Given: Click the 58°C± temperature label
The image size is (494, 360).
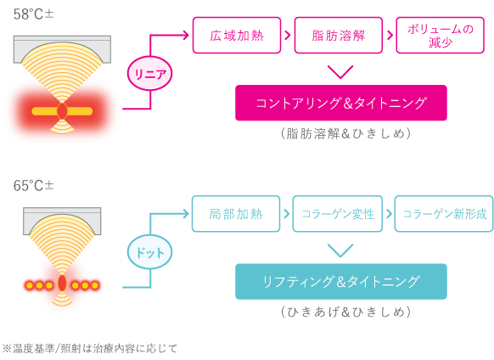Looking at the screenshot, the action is point(34,14).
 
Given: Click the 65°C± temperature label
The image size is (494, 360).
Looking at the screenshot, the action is point(34,186).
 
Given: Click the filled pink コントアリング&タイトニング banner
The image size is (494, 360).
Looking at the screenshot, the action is point(341,103).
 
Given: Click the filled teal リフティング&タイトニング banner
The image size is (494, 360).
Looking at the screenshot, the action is point(341,282).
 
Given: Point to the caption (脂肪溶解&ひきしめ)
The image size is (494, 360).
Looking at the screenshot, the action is point(345,133).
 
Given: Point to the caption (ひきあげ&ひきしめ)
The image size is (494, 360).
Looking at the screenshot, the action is point(345,312).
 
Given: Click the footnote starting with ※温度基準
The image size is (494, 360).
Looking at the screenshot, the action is point(90,349).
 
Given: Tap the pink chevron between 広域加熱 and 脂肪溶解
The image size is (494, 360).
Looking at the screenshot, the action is point(288,35).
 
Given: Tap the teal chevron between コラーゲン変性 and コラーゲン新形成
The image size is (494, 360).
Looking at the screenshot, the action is point(390,214).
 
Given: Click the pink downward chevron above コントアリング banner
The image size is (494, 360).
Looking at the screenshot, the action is point(340,72).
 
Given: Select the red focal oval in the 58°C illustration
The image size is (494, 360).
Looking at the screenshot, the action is point(62,111).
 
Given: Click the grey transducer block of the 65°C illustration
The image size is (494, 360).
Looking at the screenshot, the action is point(62,213).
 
